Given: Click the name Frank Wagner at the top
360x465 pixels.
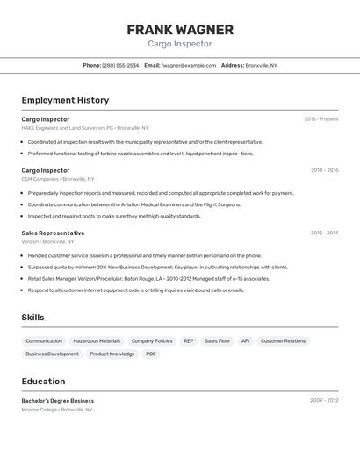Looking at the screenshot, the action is (x=180, y=29).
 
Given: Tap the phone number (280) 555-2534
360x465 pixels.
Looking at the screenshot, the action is (x=120, y=65).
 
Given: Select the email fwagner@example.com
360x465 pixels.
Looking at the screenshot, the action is (x=188, y=65).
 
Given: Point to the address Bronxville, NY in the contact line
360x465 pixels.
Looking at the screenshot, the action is (x=261, y=65).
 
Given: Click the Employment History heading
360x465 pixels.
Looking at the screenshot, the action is (x=65, y=100).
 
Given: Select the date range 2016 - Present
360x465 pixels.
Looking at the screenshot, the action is (x=320, y=119).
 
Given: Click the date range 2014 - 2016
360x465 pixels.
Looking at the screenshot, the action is (x=324, y=170).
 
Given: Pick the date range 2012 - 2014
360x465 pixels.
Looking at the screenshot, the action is (x=324, y=232).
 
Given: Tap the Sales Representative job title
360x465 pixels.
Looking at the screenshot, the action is (x=53, y=232).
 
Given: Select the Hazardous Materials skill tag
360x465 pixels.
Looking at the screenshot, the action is (x=97, y=340).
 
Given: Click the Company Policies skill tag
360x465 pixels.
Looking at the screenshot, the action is (x=152, y=340).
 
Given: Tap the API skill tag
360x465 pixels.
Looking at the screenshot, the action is (x=245, y=340).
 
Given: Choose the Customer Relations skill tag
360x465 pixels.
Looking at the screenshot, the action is (x=283, y=340).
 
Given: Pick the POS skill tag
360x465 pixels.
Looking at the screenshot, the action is (x=151, y=354).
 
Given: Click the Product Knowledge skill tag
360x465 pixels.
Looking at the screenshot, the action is (x=112, y=354).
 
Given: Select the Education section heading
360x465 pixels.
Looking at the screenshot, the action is (x=43, y=381).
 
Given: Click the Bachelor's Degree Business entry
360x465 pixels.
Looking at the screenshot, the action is (x=58, y=400).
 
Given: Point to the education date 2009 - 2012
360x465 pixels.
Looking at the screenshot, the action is (x=324, y=400).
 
